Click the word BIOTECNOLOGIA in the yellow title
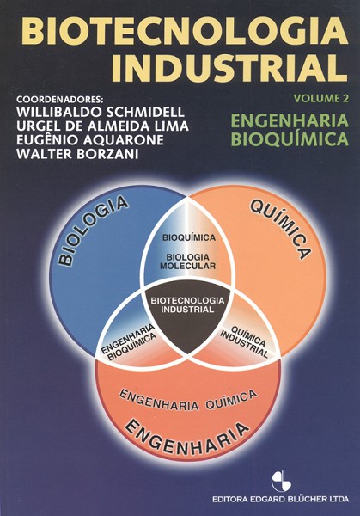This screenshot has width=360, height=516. [186, 31]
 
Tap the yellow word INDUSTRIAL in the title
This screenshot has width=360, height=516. [229, 68]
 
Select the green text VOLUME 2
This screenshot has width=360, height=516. [321, 98]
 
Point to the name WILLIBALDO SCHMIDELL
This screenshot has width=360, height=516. [101, 112]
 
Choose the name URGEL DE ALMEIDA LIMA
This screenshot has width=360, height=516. [102, 126]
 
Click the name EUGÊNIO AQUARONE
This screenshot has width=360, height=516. [90, 140]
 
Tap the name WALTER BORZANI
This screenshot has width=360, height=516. [77, 154]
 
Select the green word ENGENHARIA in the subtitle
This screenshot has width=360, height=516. [290, 120]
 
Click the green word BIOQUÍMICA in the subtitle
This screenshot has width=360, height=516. [290, 138]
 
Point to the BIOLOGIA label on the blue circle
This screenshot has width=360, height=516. [93, 230]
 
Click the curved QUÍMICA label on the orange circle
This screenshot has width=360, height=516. [280, 230]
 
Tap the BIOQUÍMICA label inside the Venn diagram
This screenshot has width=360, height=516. [189, 237]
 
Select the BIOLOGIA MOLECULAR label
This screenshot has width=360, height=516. [187, 261]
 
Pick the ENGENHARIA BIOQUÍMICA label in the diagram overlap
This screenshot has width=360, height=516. [129, 343]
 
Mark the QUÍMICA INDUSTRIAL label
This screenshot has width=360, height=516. [245, 342]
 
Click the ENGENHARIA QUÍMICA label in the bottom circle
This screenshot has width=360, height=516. [187, 401]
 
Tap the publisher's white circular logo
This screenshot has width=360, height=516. [282, 482]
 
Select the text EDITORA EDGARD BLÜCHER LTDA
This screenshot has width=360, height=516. [280, 499]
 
